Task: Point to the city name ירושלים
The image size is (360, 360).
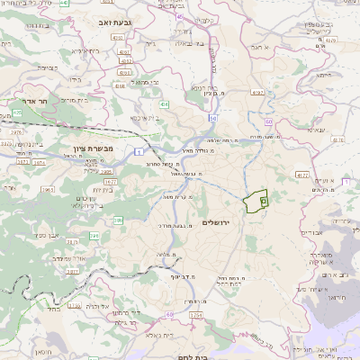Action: [218, 222]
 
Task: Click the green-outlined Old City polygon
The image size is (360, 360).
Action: [256, 202]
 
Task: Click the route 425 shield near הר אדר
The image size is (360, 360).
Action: [17, 112]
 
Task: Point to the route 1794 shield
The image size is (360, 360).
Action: [197, 315]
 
